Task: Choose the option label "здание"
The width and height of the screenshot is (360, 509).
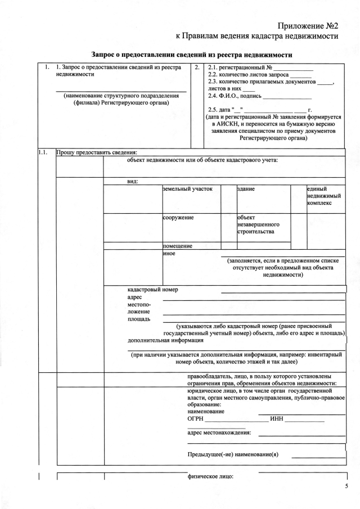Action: [246, 190]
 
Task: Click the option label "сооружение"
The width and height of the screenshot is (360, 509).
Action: [178, 217]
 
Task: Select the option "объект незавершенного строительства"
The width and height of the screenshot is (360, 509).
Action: [256, 224]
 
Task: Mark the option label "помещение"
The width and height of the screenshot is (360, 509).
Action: [178, 246]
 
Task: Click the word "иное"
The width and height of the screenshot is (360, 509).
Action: [169, 254]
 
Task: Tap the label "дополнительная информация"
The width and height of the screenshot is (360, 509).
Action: [165, 340]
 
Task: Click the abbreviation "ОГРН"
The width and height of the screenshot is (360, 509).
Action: [195, 418]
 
